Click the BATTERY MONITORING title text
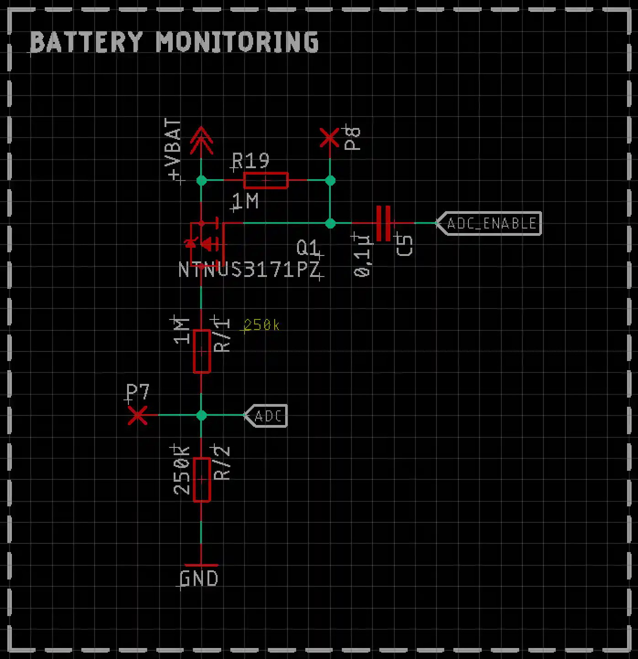pyautogui.click(x=174, y=42)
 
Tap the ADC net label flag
pyautogui.click(x=267, y=416)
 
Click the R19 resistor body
pyautogui.click(x=266, y=181)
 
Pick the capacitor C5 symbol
pyautogui.click(x=383, y=223)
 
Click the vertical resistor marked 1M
pyautogui.click(x=202, y=351)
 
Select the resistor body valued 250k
pyautogui.click(x=202, y=479)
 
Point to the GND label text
pyautogui.click(x=199, y=579)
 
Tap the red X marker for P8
pyautogui.click(x=330, y=138)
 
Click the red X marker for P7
pyautogui.click(x=138, y=415)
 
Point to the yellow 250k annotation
pyautogui.click(x=261, y=325)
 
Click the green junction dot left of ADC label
pyautogui.click(x=202, y=415)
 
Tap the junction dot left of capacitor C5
pyautogui.click(x=330, y=223)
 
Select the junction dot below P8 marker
pyautogui.click(x=330, y=181)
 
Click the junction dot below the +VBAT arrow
pyautogui.click(x=202, y=181)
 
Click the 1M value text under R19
pyautogui.click(x=245, y=202)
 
